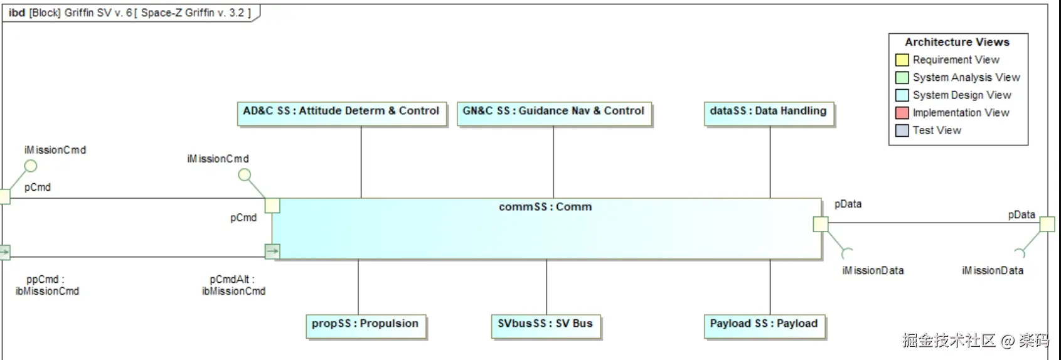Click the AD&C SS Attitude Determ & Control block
341,114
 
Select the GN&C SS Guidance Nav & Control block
554,114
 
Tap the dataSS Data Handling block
769,114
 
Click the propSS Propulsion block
365,326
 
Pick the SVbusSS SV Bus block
545,326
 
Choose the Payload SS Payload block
764,326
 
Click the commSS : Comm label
545,207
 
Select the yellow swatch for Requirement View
902,60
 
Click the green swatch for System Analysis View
902,78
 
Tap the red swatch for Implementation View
902,113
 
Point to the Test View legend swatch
902,130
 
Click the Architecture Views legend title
957,42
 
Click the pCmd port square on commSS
272,206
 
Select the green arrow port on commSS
272,251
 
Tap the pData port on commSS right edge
820,224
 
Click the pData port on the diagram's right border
1047,224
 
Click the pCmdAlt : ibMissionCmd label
233,285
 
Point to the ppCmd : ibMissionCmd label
47,285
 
